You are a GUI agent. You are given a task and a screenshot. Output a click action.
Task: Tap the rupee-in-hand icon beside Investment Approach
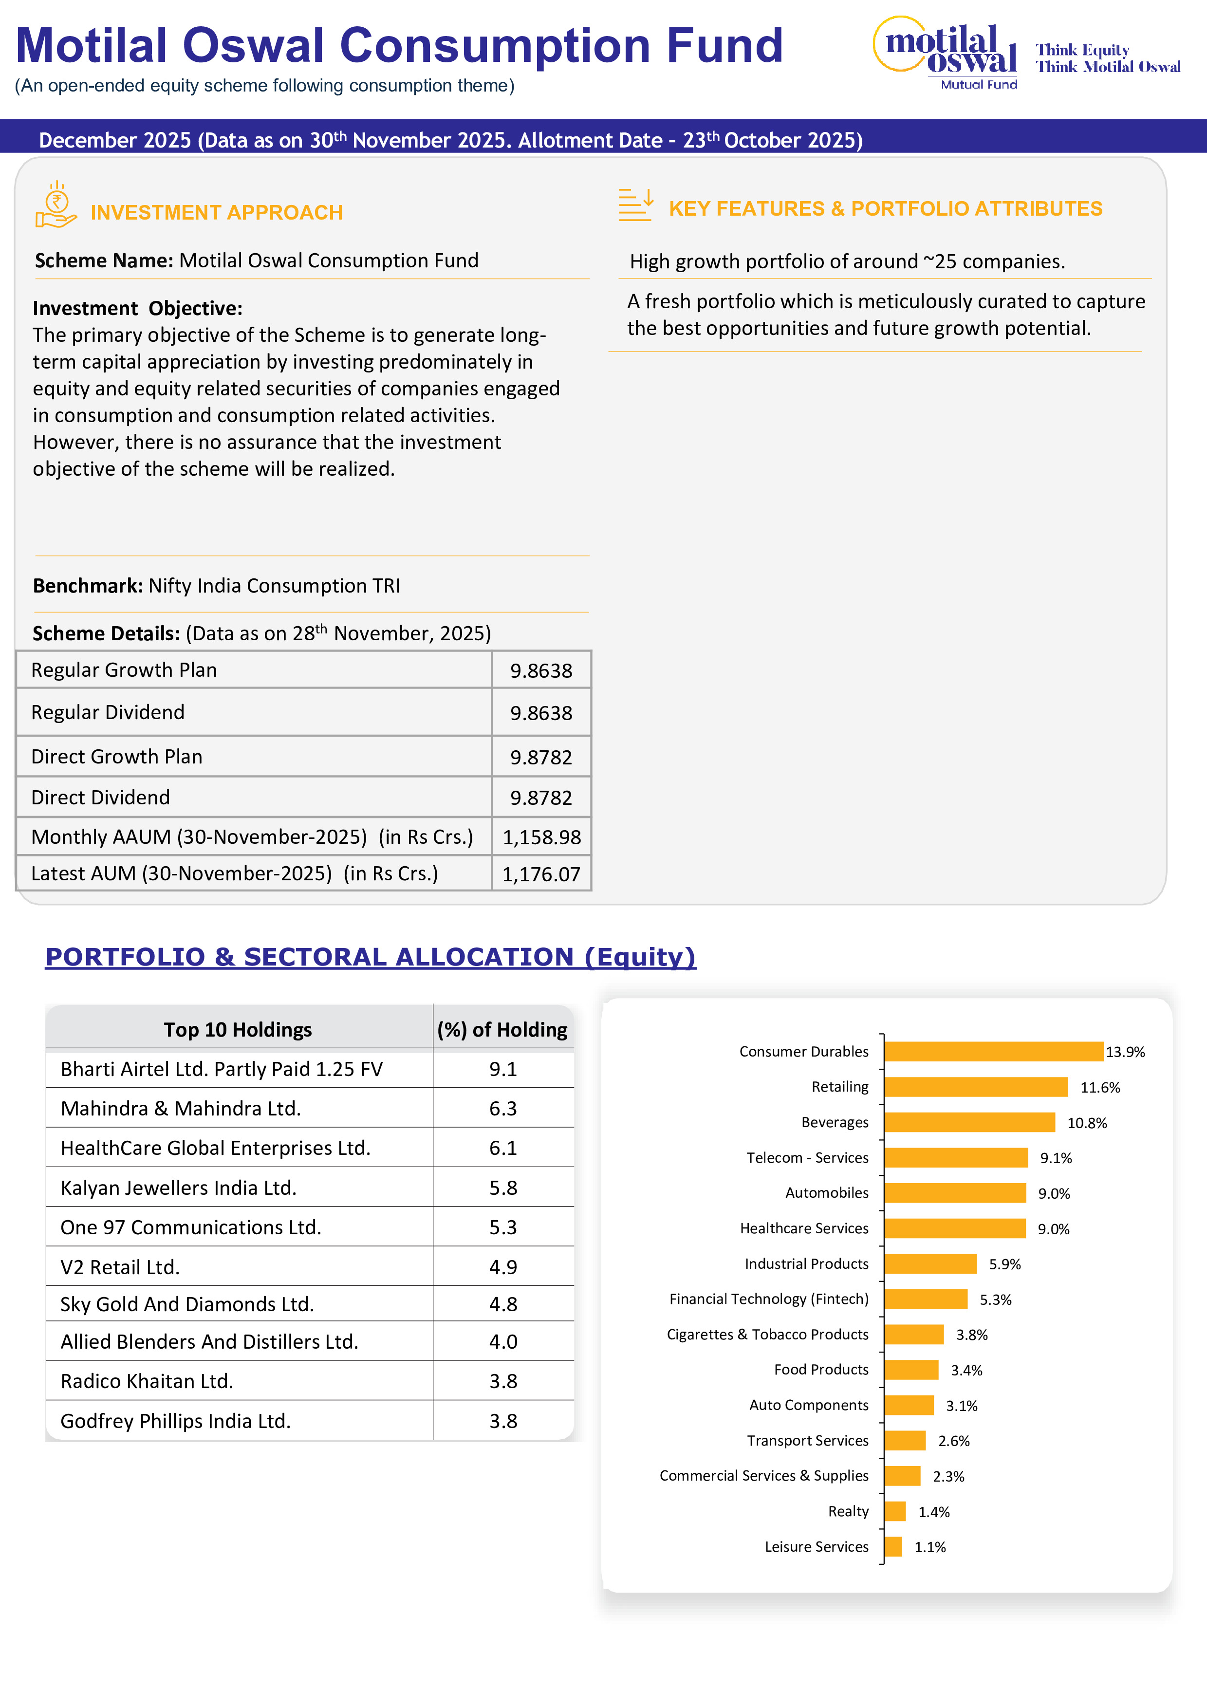pos(56,205)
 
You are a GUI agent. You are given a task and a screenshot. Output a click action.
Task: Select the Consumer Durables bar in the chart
pos(993,1051)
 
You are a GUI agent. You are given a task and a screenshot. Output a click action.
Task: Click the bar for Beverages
pos(969,1122)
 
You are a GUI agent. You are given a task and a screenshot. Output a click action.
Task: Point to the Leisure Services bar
pos(893,1546)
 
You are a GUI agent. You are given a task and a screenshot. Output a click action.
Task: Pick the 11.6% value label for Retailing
pos(1099,1088)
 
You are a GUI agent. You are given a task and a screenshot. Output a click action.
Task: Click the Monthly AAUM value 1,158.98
pos(541,837)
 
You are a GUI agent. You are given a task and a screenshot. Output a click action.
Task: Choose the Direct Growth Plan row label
pos(117,757)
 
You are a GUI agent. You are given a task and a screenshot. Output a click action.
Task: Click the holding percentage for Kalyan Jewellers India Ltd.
pos(503,1188)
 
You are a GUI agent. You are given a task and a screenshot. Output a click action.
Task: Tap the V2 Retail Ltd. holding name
pos(120,1267)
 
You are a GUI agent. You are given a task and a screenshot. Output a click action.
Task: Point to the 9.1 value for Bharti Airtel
pos(503,1069)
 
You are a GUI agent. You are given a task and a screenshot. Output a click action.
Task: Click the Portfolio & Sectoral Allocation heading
pos(371,957)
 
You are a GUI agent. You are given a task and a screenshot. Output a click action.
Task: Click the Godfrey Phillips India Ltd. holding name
pos(175,1421)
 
